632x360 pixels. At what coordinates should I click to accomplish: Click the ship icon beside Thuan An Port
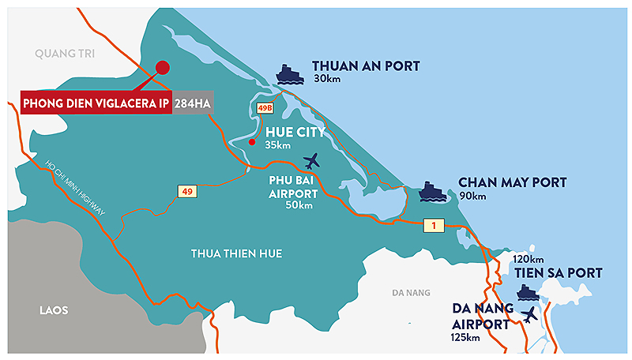290,74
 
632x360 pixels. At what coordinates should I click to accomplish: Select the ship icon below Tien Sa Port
527,293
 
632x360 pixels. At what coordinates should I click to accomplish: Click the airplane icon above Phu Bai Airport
313,161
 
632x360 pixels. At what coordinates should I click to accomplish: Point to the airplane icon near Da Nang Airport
529,313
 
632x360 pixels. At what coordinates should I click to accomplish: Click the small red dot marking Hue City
252,142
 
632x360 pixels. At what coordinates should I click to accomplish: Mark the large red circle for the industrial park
162,68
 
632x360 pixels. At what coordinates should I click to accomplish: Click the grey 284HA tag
193,102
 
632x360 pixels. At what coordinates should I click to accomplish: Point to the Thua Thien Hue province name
236,253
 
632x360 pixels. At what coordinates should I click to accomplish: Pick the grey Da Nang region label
411,293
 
